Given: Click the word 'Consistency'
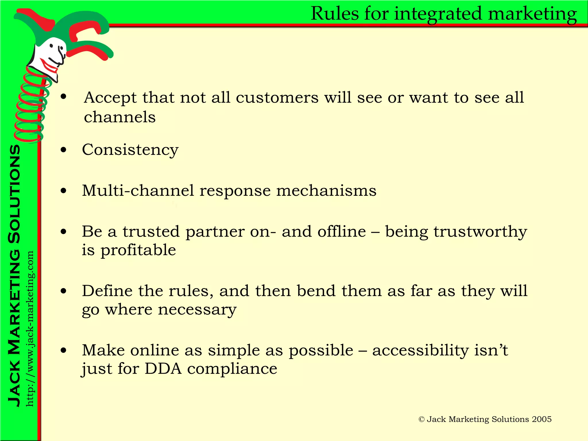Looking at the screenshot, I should tap(130, 150).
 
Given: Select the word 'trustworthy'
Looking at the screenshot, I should tap(480, 232).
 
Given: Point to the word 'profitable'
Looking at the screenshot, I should tap(138, 250).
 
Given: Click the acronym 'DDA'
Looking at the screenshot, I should tap(163, 369).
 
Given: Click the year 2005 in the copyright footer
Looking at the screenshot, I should tap(541, 419).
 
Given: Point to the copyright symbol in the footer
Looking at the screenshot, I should tap(421, 419).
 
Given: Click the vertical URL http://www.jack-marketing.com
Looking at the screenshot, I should tap(30, 329).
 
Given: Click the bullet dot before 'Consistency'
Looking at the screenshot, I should tap(63, 150).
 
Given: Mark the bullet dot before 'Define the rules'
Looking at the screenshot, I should tap(63, 291).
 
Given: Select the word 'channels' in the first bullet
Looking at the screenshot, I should tap(120, 117).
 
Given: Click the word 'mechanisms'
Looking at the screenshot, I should tap(326, 191).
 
